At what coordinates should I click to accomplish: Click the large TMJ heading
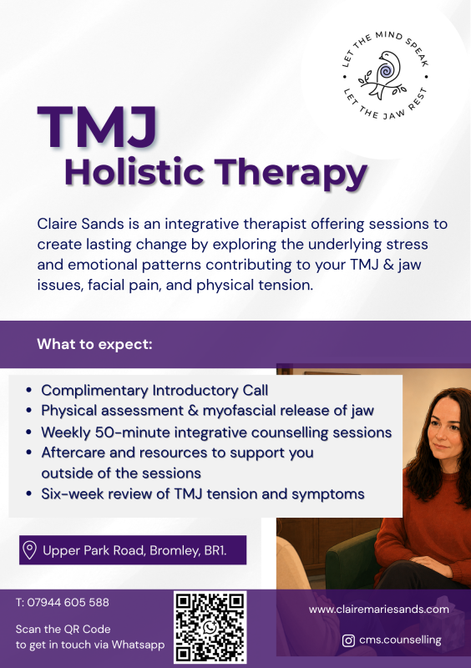pos(97,127)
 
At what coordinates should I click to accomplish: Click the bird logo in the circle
pos(384,74)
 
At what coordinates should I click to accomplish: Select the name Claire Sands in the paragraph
pos(80,224)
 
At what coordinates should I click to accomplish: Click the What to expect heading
pos(94,344)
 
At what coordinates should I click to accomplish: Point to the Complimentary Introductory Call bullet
pos(154,390)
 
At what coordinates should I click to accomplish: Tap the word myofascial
pos(239,411)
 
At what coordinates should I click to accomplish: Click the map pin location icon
pos(29,550)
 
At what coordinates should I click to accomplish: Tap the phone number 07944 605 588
pos(68,602)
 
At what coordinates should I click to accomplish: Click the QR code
pos(210,627)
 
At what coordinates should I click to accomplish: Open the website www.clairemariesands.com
pos(378,610)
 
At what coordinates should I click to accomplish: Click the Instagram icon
pos(349,640)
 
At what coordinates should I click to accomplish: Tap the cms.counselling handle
pos(400,640)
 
